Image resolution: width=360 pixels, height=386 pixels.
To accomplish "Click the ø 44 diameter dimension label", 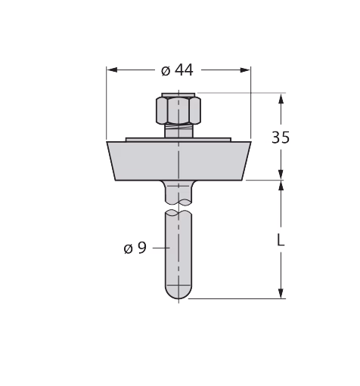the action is (x=177, y=70).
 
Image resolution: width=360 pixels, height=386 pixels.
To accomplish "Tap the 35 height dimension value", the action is (x=281, y=137).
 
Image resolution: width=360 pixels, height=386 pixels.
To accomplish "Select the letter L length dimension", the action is (x=281, y=239).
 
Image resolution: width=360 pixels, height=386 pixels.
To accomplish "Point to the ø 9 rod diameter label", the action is (x=135, y=248).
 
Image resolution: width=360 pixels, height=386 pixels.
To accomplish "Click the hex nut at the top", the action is (x=178, y=110).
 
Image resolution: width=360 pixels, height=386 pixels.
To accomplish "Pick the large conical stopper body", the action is (x=178, y=161).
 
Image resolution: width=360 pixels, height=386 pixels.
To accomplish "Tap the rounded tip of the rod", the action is (x=178, y=292).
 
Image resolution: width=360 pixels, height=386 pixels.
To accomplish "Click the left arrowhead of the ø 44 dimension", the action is (x=112, y=70).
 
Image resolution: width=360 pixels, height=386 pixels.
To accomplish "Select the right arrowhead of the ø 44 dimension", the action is (x=245, y=70).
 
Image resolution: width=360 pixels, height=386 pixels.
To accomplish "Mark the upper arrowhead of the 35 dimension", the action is (x=281, y=98).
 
